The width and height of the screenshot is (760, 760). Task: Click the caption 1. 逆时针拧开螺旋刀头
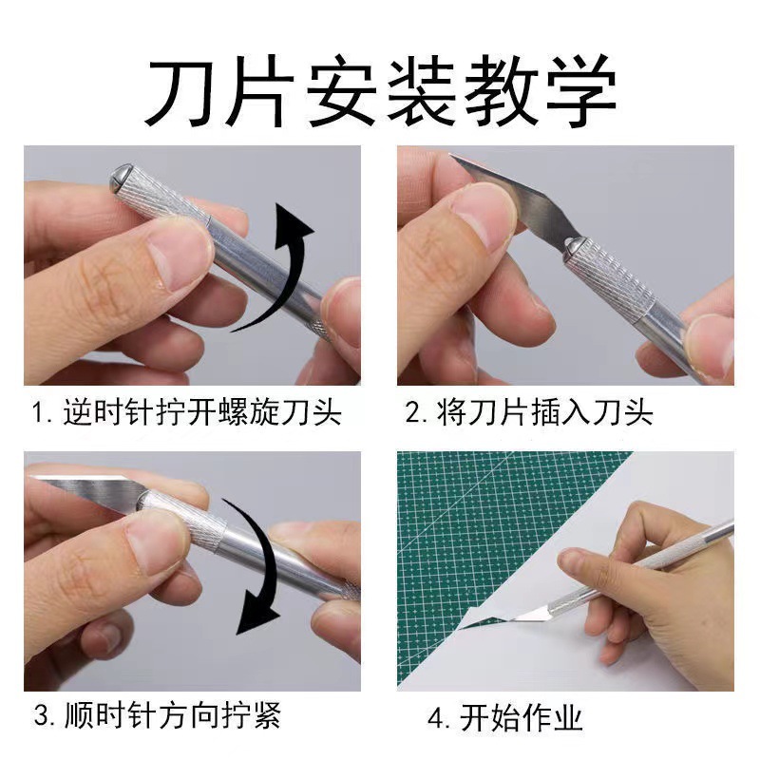pyautogui.click(x=186, y=413)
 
